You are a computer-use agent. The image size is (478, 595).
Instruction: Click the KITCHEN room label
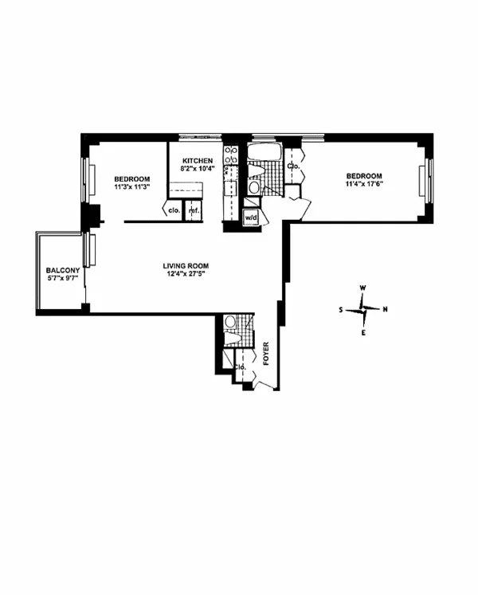(195, 160)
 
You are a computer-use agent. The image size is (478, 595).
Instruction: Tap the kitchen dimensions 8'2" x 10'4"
(195, 169)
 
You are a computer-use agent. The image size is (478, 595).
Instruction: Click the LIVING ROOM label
(185, 266)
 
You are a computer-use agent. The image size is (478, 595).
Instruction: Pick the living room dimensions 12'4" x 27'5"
(185, 276)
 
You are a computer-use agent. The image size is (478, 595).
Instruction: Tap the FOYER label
(266, 353)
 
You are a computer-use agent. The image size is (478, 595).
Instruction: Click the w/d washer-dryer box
(251, 217)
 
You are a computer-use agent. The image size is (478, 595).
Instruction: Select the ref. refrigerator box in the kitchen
(192, 211)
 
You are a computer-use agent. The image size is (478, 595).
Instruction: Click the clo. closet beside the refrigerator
(173, 211)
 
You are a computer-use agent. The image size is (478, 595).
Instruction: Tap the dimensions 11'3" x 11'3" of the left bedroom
(127, 187)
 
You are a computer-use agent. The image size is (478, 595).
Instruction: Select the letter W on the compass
(362, 288)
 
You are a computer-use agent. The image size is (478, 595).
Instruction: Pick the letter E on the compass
(363, 332)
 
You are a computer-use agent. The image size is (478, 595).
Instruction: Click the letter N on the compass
(386, 310)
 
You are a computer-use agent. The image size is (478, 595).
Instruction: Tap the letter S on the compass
(341, 310)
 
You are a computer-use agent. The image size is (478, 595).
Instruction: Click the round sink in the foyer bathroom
(230, 322)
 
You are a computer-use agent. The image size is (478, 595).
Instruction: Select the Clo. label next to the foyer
(240, 367)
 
